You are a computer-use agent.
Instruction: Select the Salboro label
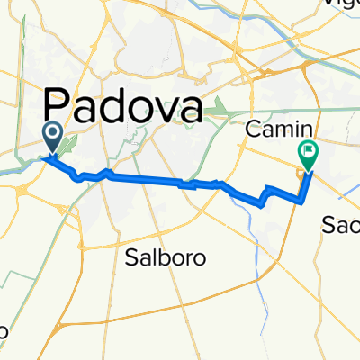[165, 257]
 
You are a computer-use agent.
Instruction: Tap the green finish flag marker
[309, 156]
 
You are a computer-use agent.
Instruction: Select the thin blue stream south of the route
[266, 270]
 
